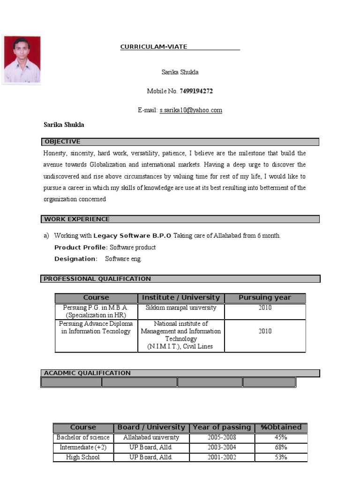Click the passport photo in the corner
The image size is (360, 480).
click(x=22, y=60)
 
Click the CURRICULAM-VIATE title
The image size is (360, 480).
click(x=154, y=47)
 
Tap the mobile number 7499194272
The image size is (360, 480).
click(x=196, y=91)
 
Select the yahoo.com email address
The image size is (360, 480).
click(x=191, y=110)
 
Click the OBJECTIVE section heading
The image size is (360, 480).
click(x=63, y=142)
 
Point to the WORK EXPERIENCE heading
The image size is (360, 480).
click(x=77, y=219)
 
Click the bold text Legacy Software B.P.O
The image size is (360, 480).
click(x=132, y=236)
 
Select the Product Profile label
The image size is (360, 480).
click(x=81, y=247)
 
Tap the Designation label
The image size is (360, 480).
click(x=75, y=259)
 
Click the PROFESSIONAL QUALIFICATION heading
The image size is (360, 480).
click(x=97, y=279)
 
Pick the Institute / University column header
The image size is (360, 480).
click(x=181, y=298)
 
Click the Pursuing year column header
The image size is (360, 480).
click(x=265, y=298)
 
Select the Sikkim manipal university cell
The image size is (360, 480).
click(x=181, y=308)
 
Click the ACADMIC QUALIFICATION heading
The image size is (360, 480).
click(x=87, y=373)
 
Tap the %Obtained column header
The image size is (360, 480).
click(x=281, y=427)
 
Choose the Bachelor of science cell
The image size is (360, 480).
click(x=83, y=437)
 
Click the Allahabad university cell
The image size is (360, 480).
click(x=151, y=437)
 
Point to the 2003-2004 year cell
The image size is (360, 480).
click(x=222, y=447)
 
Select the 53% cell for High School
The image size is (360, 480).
click(x=281, y=457)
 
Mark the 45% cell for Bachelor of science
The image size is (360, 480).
click(x=281, y=437)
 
